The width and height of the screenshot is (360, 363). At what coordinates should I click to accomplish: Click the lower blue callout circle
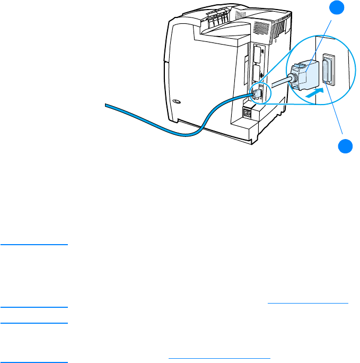coord(346,146)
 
